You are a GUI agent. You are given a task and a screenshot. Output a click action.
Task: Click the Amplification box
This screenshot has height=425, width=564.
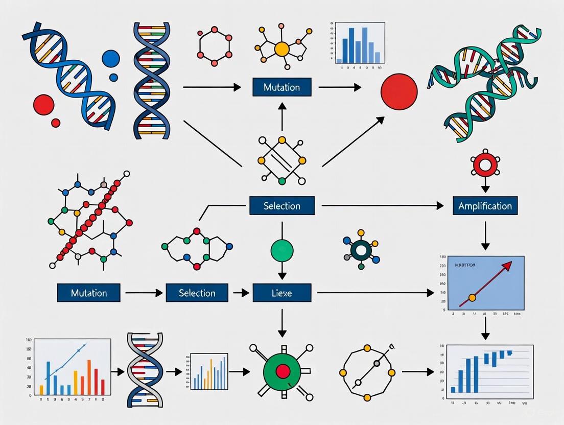485,206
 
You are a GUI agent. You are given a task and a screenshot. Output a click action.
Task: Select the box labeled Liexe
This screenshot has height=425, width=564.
281,293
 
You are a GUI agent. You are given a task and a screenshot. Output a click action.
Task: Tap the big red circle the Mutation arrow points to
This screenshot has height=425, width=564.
399,92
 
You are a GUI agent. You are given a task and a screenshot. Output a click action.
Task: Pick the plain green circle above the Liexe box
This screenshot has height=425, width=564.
281,250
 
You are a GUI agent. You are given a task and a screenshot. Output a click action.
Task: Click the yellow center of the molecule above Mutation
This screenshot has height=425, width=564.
281,49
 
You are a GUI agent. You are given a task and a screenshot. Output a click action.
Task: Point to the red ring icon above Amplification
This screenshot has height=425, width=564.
485,165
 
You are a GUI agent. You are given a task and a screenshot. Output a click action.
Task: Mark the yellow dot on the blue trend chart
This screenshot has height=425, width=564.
472,297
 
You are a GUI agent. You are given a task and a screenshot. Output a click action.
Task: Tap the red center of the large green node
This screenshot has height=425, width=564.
281,370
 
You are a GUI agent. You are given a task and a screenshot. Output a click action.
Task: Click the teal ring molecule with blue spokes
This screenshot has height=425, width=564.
362,249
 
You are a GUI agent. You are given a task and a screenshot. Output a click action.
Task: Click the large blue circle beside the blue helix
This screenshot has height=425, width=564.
110,59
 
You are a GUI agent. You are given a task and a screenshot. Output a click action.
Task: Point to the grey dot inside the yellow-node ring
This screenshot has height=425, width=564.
377,364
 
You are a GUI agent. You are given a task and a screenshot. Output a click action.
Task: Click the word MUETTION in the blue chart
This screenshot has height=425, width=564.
464,266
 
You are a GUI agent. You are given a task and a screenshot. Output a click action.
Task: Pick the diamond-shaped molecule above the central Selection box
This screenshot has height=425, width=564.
281,159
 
